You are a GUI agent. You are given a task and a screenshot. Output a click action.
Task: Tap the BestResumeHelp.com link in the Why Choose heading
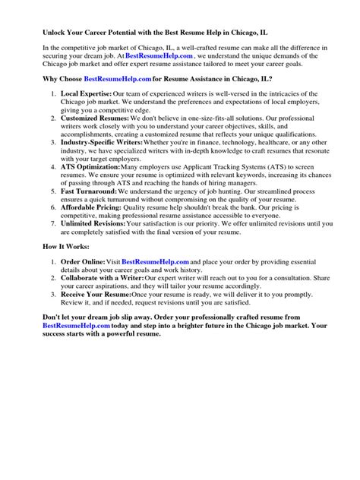pyautogui.click(x=117, y=79)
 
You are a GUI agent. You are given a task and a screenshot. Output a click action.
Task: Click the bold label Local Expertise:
pyautogui.click(x=88, y=94)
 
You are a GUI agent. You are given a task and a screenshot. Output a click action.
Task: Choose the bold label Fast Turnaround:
pyautogui.click(x=90, y=191)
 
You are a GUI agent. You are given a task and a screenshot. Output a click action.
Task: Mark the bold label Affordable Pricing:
pyautogui.click(x=93, y=207)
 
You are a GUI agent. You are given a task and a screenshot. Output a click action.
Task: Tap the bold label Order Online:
pyautogui.click(x=84, y=262)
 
